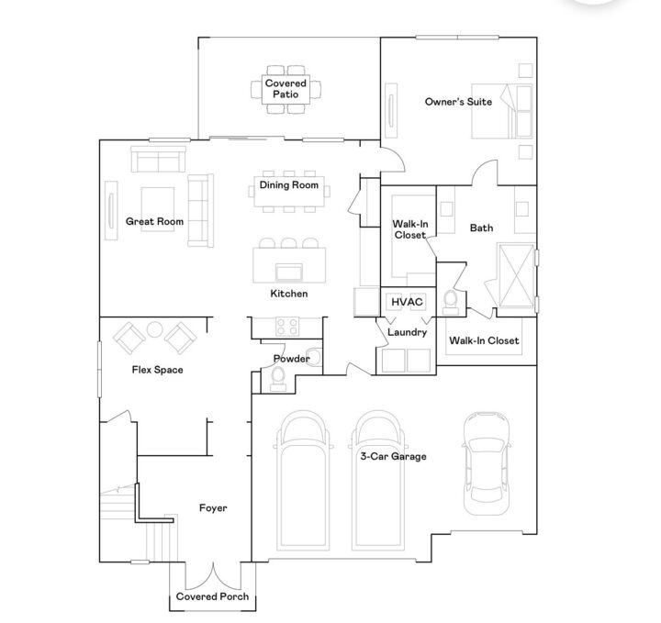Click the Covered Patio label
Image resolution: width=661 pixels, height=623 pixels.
pyautogui.click(x=286, y=89)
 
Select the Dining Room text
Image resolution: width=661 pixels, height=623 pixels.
pyautogui.click(x=288, y=185)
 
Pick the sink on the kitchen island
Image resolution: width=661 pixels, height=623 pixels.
pyautogui.click(x=289, y=271)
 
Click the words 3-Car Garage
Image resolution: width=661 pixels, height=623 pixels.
pyautogui.click(x=392, y=456)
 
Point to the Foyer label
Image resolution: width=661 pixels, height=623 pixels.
pyautogui.click(x=212, y=507)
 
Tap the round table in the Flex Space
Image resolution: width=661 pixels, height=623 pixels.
pyautogui.click(x=154, y=329)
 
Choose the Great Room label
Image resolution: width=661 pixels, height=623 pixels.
pyautogui.click(x=154, y=221)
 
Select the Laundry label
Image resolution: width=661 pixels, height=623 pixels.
pyautogui.click(x=407, y=332)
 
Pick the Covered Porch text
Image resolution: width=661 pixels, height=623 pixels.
pyautogui.click(x=211, y=597)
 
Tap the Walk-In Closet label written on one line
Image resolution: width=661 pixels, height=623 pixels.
pyautogui.click(x=484, y=341)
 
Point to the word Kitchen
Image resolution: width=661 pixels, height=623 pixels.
pyautogui.click(x=288, y=294)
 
